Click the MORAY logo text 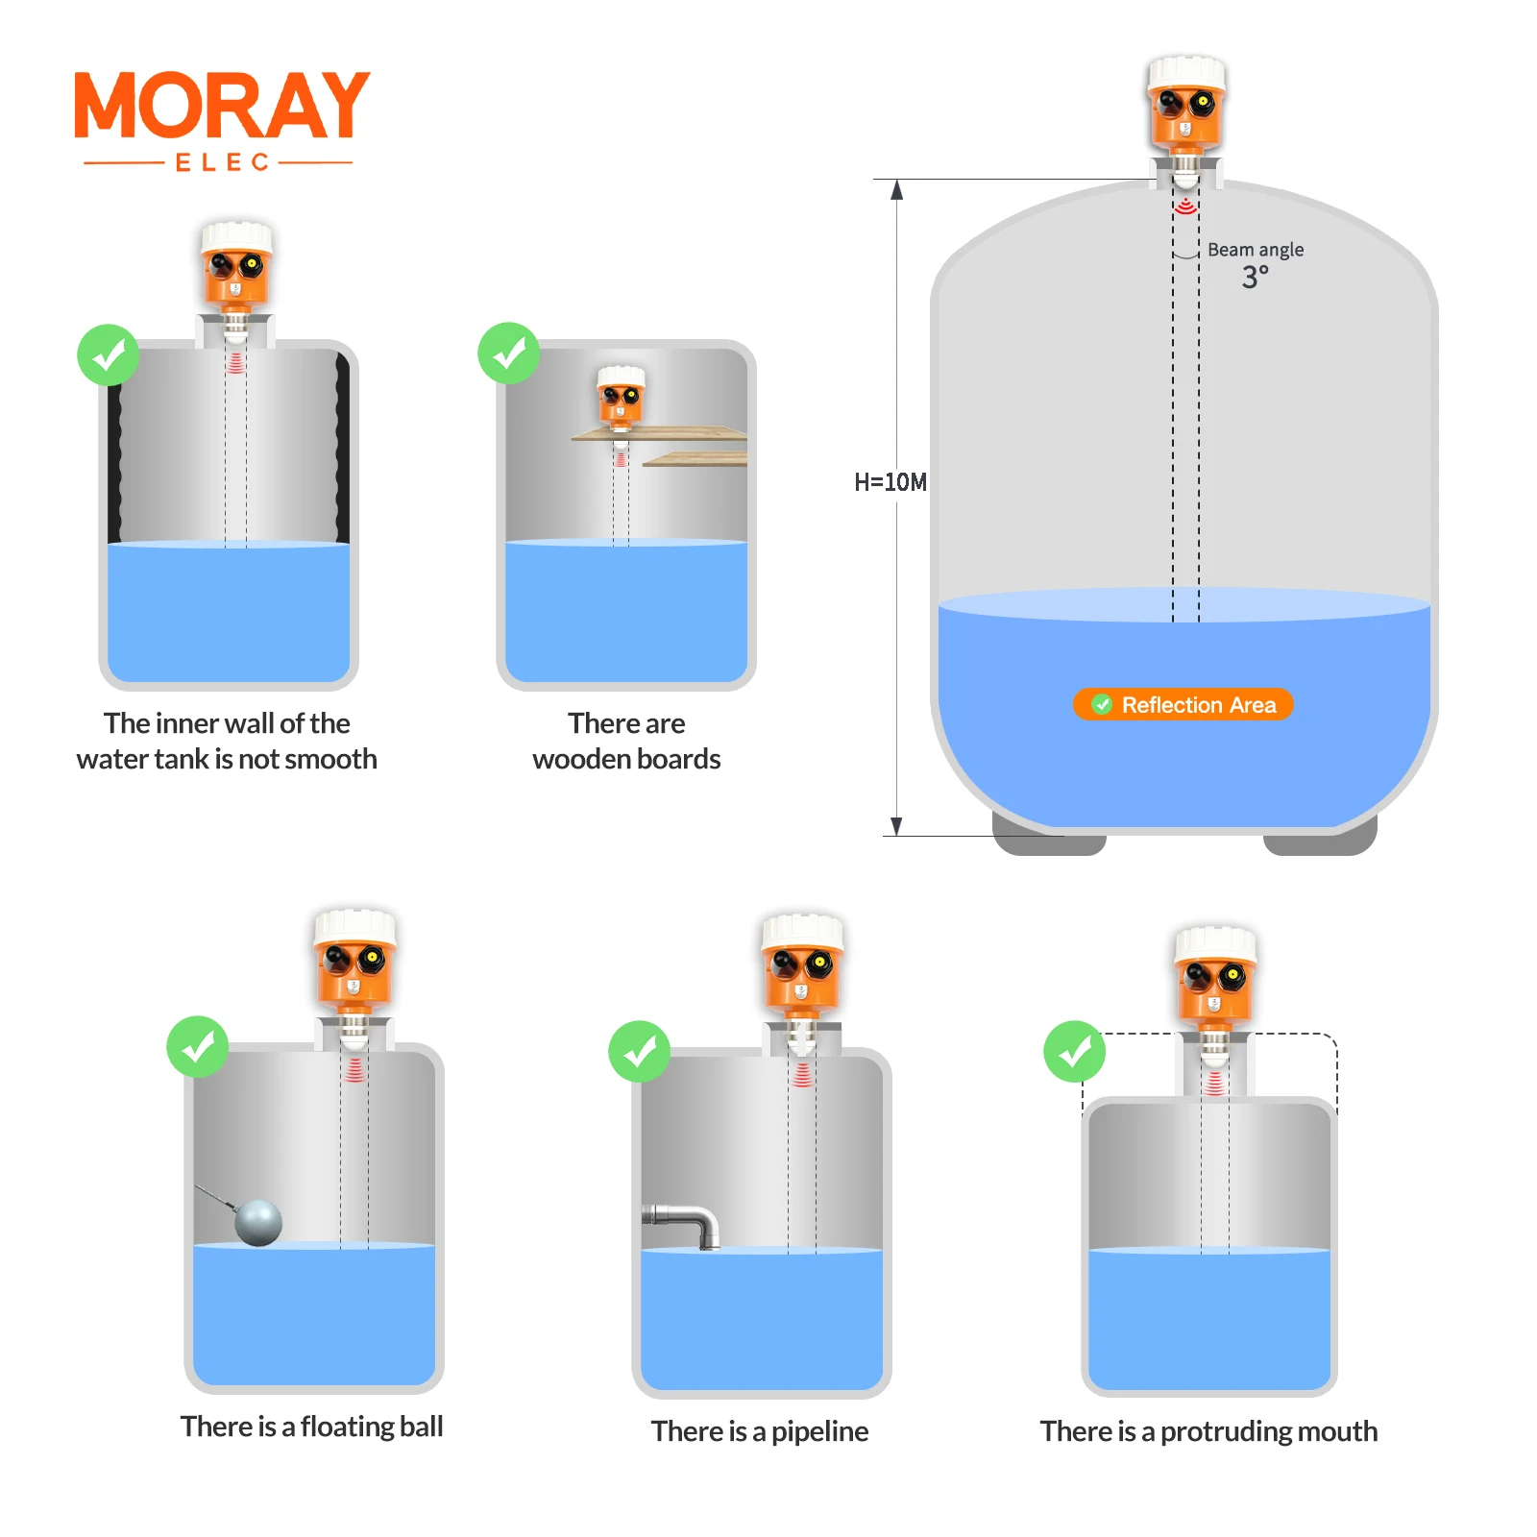pos(222,105)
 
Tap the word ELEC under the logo pos(222,162)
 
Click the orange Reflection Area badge pos(1183,704)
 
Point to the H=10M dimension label pos(890,482)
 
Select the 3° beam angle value pos(1255,278)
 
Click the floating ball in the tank pos(258,1222)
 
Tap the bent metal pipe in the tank pos(683,1224)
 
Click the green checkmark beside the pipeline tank pos(639,1051)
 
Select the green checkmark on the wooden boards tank pos(508,353)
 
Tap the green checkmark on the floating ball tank pos(197,1046)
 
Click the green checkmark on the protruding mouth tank pos(1074,1051)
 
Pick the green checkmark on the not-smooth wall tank pos(108,354)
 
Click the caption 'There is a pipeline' pos(759,1431)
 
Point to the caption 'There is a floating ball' pos(311,1427)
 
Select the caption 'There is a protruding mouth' pos(1208,1431)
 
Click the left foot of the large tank pos(1048,836)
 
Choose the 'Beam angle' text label pos(1256,250)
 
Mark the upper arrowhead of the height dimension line pos(896,189)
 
